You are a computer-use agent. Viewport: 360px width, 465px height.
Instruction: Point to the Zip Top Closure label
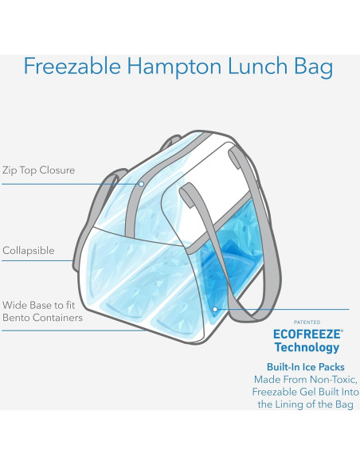(38, 170)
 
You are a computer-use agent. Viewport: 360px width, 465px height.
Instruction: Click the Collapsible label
(29, 251)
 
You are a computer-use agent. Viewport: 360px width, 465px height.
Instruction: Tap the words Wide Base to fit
(40, 304)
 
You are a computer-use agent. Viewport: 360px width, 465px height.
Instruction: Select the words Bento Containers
(44, 318)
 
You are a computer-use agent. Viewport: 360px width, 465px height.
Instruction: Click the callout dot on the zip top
(140, 184)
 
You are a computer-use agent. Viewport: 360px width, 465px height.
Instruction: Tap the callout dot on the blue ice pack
(215, 308)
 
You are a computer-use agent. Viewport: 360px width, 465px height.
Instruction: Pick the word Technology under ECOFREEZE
(307, 347)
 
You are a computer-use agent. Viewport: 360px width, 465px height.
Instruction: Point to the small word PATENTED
(307, 322)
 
